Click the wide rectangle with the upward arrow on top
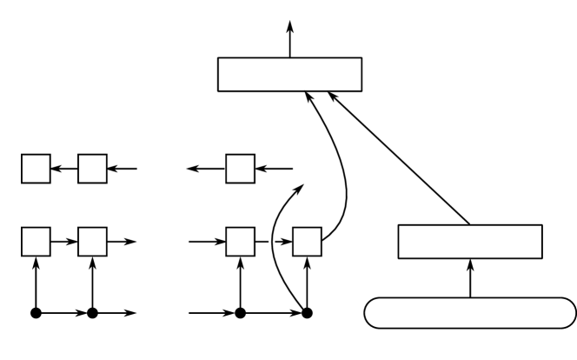(x=288, y=75)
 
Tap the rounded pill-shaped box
(x=469, y=313)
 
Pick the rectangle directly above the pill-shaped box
(x=470, y=241)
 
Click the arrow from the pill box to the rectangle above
(x=470, y=278)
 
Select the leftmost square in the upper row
(x=36, y=169)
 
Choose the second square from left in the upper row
(x=92, y=169)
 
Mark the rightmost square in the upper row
(x=240, y=169)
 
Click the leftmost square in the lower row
(x=36, y=241)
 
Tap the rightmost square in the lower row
(x=307, y=241)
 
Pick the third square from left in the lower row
(x=240, y=241)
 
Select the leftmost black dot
(x=36, y=311)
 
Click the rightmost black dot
(x=307, y=311)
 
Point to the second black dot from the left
(x=92, y=311)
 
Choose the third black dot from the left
(x=240, y=311)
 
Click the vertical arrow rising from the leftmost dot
(x=36, y=283)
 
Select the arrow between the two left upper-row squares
(x=64, y=169)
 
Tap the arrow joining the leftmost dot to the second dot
(x=63, y=311)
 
